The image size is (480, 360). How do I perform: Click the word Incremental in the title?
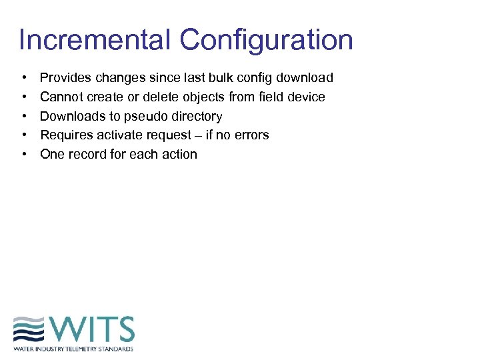click(95, 40)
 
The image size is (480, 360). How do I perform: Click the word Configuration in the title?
click(266, 41)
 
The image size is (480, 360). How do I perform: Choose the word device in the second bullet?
click(305, 97)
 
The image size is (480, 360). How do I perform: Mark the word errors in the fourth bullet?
click(252, 135)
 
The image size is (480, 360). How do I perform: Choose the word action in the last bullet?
click(180, 154)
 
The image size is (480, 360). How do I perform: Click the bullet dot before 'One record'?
click(24, 155)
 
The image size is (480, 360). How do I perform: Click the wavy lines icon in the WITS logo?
click(30, 330)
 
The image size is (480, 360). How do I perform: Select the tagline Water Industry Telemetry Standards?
click(73, 349)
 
